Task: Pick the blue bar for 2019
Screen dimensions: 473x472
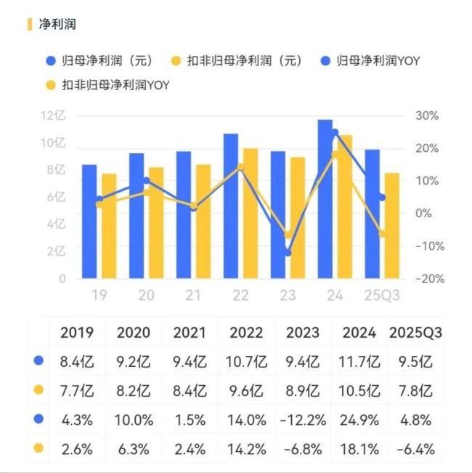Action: point(89,222)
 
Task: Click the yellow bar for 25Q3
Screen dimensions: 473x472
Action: point(391,226)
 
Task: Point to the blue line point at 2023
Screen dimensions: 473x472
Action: point(288,253)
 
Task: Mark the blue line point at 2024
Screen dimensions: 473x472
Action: point(335,132)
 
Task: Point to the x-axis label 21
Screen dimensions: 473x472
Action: point(193,296)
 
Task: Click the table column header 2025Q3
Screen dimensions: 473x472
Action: point(416,333)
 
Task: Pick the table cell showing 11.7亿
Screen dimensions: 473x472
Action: point(359,361)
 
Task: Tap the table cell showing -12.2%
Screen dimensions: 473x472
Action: point(303,419)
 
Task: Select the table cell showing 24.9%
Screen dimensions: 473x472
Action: point(359,419)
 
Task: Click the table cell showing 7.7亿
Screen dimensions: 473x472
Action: point(76,390)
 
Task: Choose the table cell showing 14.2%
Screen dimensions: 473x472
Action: point(246,448)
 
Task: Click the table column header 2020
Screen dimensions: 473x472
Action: point(133,333)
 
